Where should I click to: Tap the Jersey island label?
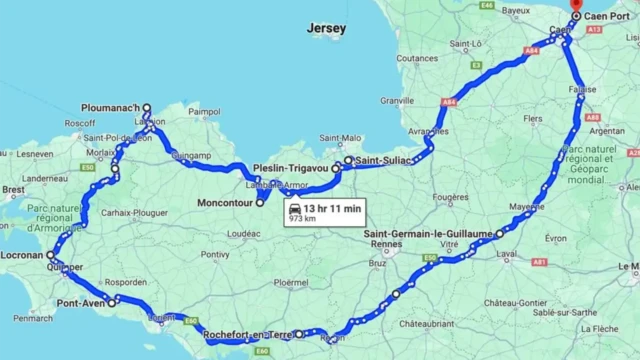click(x=327, y=29)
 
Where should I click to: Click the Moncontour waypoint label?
click(x=221, y=203)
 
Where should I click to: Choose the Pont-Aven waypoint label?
click(x=81, y=303)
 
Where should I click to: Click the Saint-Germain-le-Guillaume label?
click(x=436, y=234)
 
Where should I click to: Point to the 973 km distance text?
click(x=302, y=218)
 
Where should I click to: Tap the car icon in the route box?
click(x=295, y=208)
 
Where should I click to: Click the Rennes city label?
click(x=356, y=245)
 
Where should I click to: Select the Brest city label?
click(x=14, y=189)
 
